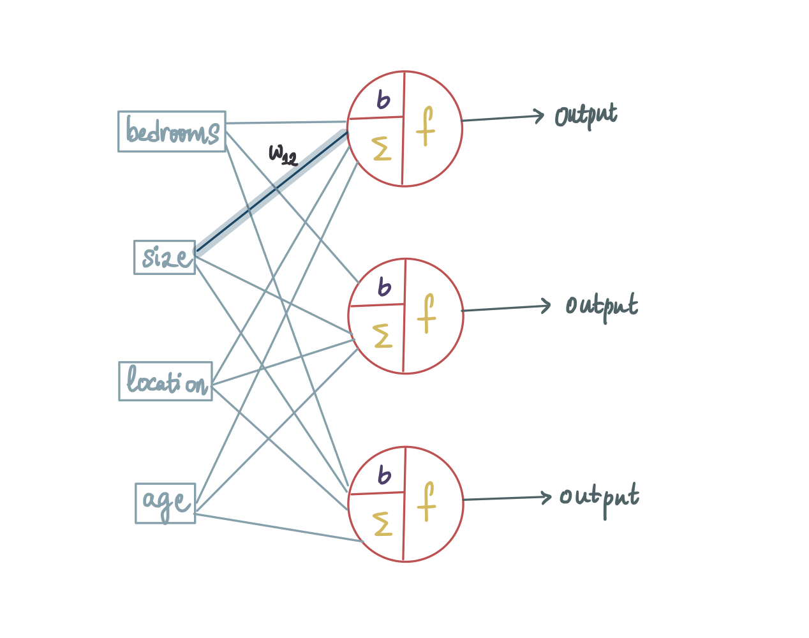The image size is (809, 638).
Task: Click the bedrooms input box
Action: (x=172, y=131)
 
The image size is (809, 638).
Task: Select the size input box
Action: (x=165, y=258)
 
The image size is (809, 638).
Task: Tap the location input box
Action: (x=165, y=382)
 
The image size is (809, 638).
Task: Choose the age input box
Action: (x=165, y=503)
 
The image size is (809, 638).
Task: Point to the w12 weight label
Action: (x=283, y=155)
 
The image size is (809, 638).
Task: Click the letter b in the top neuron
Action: (x=383, y=100)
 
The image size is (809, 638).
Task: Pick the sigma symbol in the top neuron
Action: (x=382, y=149)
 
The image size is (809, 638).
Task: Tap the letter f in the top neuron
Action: (x=426, y=126)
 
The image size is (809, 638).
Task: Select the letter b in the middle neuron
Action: (x=384, y=287)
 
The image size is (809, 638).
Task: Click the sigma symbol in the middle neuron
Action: (x=382, y=336)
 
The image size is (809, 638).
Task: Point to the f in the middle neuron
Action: (x=426, y=313)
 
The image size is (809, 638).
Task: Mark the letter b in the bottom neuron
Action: (x=384, y=475)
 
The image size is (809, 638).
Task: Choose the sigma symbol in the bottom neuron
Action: (x=382, y=524)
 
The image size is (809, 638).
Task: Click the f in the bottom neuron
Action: (x=426, y=501)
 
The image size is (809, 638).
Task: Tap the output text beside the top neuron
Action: (x=586, y=115)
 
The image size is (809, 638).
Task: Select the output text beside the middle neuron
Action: (x=602, y=307)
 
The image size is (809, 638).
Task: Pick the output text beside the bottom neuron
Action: (x=599, y=500)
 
